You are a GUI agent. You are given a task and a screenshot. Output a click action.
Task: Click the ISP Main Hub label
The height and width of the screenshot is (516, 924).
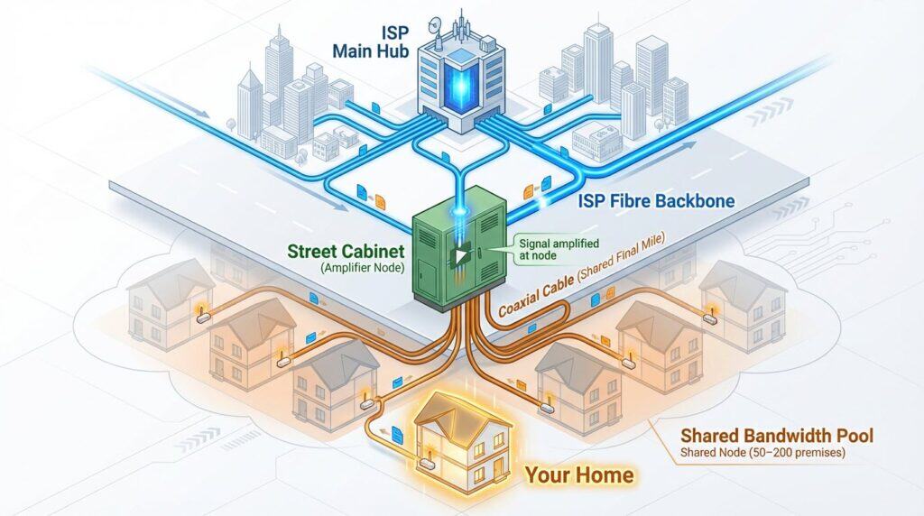coord(366,40)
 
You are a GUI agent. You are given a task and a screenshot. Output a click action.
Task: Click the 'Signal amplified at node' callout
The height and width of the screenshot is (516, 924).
coord(544,249)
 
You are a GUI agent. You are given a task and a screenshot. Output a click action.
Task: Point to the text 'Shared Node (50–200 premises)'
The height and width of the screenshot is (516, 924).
coord(762,454)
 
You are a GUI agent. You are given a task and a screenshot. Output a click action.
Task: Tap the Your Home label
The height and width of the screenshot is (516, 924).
coord(579,474)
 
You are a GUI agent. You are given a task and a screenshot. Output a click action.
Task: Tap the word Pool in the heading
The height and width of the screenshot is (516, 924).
coord(853,438)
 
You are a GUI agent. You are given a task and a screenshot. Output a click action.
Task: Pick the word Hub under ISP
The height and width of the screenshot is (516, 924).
coord(389,51)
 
